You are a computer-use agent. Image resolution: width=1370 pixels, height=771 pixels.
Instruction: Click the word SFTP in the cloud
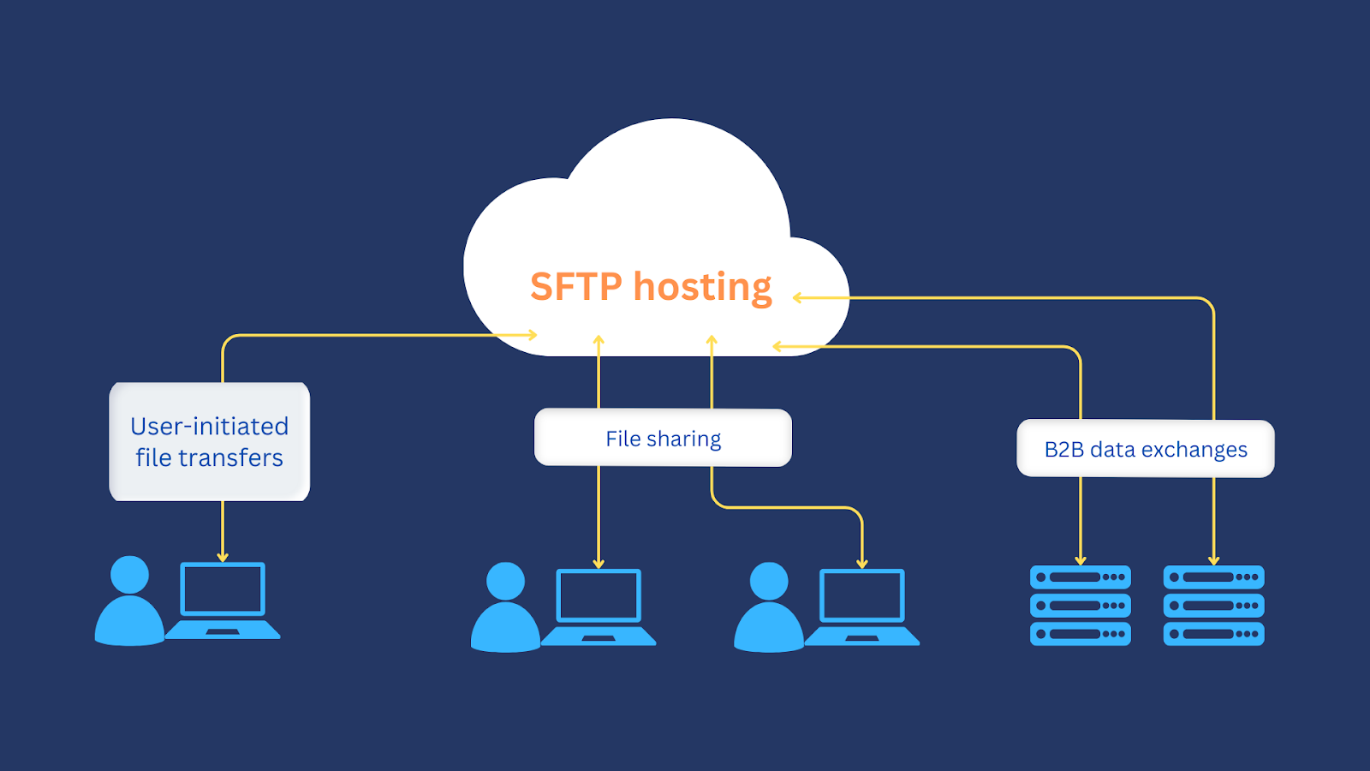click(x=575, y=287)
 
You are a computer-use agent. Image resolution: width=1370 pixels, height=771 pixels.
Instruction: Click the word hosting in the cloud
click(x=702, y=287)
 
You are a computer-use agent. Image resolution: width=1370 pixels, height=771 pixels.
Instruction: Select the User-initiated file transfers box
click(x=209, y=441)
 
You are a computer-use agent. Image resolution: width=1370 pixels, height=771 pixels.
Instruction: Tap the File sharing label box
click(x=663, y=438)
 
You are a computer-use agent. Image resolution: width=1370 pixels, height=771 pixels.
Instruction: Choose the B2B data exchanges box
click(x=1145, y=449)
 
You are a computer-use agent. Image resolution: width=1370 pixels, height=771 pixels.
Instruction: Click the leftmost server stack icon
click(x=1080, y=605)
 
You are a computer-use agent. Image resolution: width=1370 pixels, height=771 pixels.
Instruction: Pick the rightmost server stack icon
click(x=1213, y=605)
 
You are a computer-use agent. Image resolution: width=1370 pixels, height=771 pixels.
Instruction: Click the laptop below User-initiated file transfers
click(x=223, y=600)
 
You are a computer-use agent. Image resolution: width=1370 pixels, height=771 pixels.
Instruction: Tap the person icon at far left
click(x=129, y=601)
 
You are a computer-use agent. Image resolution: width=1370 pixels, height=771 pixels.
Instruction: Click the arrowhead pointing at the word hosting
click(x=797, y=298)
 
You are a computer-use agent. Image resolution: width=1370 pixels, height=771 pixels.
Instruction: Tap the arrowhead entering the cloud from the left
click(x=533, y=335)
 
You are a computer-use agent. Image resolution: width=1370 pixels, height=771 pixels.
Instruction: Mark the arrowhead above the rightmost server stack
click(x=1213, y=561)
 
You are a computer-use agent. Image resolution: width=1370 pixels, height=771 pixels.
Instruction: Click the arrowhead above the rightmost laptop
click(x=862, y=564)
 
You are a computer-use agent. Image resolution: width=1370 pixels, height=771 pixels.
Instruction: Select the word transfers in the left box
click(x=231, y=458)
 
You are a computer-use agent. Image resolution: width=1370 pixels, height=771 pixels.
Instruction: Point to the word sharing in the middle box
click(x=683, y=439)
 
